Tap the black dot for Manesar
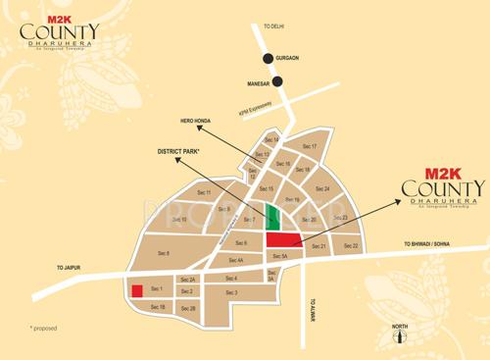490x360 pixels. click(277, 82)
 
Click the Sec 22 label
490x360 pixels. click(351, 245)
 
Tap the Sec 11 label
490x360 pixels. click(204, 192)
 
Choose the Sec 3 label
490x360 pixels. click(231, 292)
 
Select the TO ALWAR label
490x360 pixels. click(315, 307)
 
